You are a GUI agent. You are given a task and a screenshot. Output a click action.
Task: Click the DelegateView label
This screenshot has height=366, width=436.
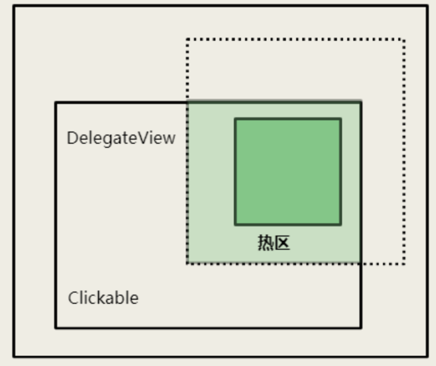[x=121, y=138]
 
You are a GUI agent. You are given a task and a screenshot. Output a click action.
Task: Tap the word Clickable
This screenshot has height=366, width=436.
[x=103, y=298]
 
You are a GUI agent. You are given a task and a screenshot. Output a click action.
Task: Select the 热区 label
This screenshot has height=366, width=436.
[x=274, y=243]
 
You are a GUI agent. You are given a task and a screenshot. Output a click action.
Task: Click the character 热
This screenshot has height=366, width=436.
[x=265, y=243]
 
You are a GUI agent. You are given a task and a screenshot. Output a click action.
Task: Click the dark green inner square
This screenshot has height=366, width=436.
[x=288, y=172]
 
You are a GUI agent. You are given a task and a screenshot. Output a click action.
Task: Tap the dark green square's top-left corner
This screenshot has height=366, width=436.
[x=235, y=119]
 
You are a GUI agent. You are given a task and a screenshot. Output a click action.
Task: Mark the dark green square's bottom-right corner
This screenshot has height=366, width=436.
[x=341, y=224]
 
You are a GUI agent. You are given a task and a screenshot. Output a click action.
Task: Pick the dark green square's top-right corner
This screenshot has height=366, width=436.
[x=341, y=119]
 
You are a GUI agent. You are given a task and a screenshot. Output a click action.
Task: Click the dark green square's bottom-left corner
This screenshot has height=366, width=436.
[x=235, y=224]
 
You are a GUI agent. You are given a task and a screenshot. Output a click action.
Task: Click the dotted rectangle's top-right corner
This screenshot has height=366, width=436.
[x=404, y=39]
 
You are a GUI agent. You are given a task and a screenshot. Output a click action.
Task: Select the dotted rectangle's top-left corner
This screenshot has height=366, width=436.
[x=187, y=39]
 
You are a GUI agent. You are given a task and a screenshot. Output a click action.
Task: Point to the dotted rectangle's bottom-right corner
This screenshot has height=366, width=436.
[x=404, y=263]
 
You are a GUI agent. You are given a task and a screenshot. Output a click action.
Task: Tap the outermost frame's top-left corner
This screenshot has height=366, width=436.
[x=14, y=6]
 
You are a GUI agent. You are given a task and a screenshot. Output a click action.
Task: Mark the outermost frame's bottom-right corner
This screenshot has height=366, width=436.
[x=427, y=356]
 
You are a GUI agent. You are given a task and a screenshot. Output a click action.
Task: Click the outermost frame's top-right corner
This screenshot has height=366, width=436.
[x=427, y=6]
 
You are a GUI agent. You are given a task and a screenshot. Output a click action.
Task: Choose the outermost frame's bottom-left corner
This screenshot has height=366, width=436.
[x=14, y=356]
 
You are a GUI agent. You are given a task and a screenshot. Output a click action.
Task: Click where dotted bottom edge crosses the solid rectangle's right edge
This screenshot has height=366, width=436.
[x=361, y=263]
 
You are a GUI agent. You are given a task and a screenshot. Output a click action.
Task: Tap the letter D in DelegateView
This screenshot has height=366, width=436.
[x=71, y=138]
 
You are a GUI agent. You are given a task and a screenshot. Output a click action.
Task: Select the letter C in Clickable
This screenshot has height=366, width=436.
[x=72, y=298]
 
